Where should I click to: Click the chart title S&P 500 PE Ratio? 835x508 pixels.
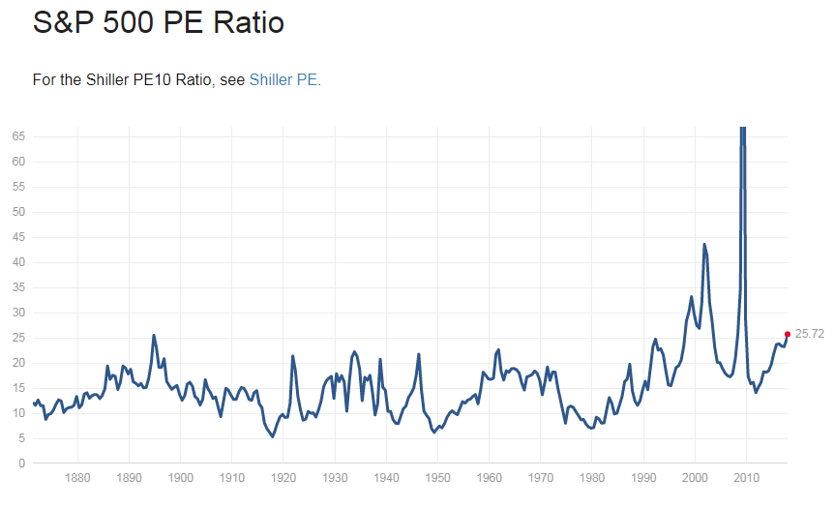point(159,21)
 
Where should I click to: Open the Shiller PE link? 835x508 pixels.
point(283,79)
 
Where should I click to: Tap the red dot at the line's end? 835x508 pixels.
point(788,334)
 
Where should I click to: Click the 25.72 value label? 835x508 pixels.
point(810,334)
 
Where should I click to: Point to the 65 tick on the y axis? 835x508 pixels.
point(18,136)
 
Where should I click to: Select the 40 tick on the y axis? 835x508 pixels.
point(18,262)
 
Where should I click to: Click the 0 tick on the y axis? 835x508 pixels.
point(21,463)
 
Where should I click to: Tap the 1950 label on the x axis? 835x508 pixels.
point(437,477)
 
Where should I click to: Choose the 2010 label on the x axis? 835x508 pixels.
point(746,477)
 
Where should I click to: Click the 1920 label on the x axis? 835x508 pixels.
point(283,477)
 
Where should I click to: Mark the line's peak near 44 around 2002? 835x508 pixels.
point(704,244)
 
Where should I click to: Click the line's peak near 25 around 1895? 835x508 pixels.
point(154,336)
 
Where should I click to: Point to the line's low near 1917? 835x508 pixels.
point(272,436)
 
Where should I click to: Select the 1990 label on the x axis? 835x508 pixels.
point(643,477)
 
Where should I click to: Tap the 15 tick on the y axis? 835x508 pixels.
point(18,388)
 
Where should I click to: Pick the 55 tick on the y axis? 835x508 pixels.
point(18,187)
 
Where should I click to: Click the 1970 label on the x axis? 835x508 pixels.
point(540,477)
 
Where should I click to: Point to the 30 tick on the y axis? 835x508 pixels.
point(18,313)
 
